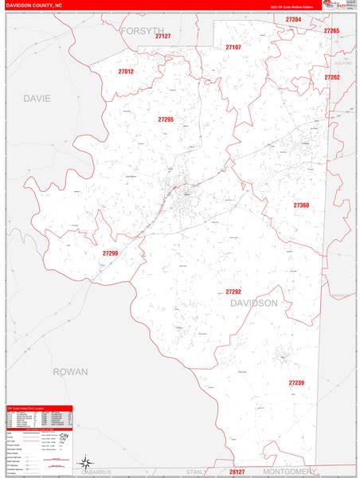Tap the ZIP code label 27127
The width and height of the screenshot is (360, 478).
click(163, 37)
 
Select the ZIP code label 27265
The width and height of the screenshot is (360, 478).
click(331, 30)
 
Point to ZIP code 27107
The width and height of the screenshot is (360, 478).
click(233, 47)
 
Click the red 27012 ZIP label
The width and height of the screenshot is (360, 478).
click(125, 72)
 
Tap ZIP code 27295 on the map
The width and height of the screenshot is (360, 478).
click(166, 119)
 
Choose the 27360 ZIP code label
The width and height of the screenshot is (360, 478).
click(301, 206)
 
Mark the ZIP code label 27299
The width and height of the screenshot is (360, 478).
click(110, 253)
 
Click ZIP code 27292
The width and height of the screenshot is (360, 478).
click(233, 292)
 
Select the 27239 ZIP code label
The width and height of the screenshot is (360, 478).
click(296, 383)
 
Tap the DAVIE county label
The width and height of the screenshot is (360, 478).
click(37, 99)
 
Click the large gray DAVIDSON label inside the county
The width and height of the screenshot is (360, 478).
click(254, 304)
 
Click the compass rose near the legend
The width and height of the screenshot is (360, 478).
click(84, 461)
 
